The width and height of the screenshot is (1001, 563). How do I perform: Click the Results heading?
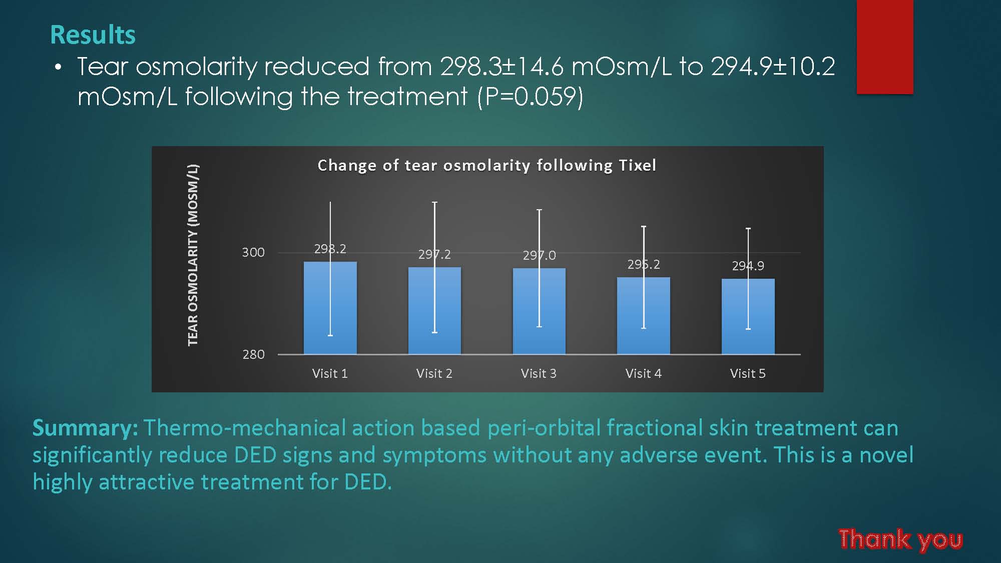point(93,35)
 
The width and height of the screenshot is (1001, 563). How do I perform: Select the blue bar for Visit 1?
point(330,308)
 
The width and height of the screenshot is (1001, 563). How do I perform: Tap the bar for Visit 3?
point(539,311)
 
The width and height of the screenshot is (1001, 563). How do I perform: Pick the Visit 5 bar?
point(748,316)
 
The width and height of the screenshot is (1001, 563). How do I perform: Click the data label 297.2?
point(434,254)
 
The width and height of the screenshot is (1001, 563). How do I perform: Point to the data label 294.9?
point(748,266)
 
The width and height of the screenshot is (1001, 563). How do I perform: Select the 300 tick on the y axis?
point(253,252)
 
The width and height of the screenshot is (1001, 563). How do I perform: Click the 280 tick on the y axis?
point(253,354)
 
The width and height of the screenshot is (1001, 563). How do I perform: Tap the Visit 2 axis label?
point(434,373)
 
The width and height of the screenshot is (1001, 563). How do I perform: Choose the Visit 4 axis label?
point(644,373)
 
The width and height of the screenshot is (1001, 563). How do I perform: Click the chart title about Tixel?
point(487,165)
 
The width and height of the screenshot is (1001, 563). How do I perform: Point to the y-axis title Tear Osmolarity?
point(193,255)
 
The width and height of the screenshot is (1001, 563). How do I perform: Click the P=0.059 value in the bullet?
point(531,96)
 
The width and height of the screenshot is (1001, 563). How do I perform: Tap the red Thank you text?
point(900,539)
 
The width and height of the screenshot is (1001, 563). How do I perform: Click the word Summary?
point(86,428)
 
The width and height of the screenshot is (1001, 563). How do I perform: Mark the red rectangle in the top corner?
point(885,47)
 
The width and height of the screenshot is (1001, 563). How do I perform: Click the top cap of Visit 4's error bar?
point(644,227)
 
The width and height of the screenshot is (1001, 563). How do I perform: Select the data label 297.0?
point(539,255)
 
